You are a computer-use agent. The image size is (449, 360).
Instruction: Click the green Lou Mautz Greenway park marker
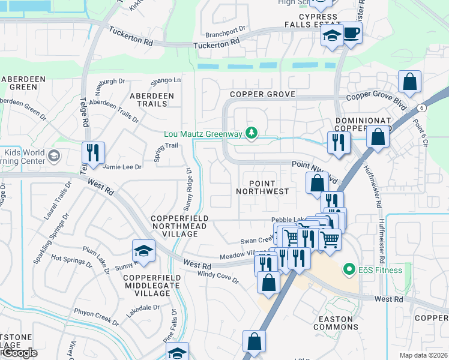253,133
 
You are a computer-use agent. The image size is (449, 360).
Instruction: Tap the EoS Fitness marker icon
347,269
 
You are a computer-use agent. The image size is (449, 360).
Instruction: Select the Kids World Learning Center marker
53,157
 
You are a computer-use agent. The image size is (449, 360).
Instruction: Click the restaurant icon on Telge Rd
93,153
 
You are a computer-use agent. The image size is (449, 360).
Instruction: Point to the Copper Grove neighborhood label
262,94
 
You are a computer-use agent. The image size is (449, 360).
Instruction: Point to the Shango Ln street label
165,80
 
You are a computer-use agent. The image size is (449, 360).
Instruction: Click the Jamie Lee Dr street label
122,167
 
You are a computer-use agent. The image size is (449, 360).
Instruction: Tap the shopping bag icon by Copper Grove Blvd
409,83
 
